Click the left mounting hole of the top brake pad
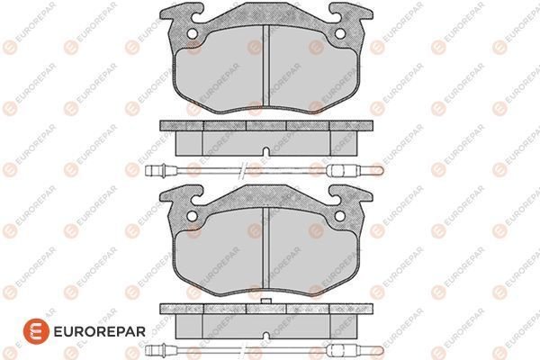click(193, 34)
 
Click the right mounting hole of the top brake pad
click(340, 34)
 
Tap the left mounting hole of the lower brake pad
click(193, 216)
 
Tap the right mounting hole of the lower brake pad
click(340, 216)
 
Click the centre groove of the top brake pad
click(265, 66)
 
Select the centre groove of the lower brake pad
click(265, 248)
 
